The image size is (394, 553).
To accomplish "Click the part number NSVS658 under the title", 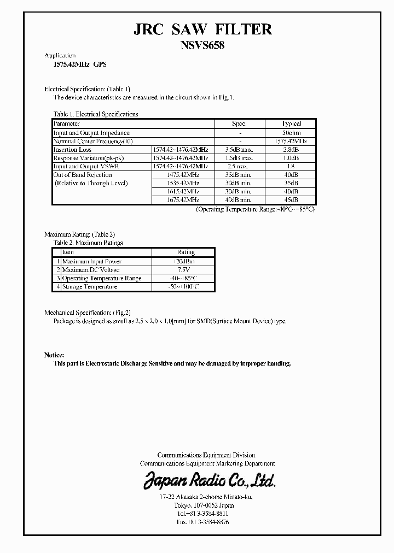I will point(202,46).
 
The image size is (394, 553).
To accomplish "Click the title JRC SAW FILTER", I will point(202,29).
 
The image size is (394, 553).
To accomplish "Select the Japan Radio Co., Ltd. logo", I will point(210,480).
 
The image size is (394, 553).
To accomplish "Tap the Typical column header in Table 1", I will point(291,124).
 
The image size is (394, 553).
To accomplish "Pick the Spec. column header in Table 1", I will point(240,124).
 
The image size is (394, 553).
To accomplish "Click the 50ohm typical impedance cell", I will point(291,133).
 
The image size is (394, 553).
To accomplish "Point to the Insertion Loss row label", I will point(72,150).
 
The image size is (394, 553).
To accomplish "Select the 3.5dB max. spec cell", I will point(239,150).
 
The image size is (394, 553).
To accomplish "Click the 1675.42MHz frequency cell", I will point(183,201).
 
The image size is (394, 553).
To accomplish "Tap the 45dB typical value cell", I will point(291,201).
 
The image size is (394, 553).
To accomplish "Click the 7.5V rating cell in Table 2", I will point(186,270).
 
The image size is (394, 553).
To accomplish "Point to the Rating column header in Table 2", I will point(186,252).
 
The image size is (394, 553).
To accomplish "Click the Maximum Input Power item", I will point(91,262).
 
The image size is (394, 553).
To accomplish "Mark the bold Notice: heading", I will point(54,355).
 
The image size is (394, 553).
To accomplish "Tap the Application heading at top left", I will point(60,56).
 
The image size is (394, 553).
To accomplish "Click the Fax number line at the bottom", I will point(195,522).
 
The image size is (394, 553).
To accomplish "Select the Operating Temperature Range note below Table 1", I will point(256,209).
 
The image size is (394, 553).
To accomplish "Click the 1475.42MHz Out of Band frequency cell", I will point(183,175).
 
